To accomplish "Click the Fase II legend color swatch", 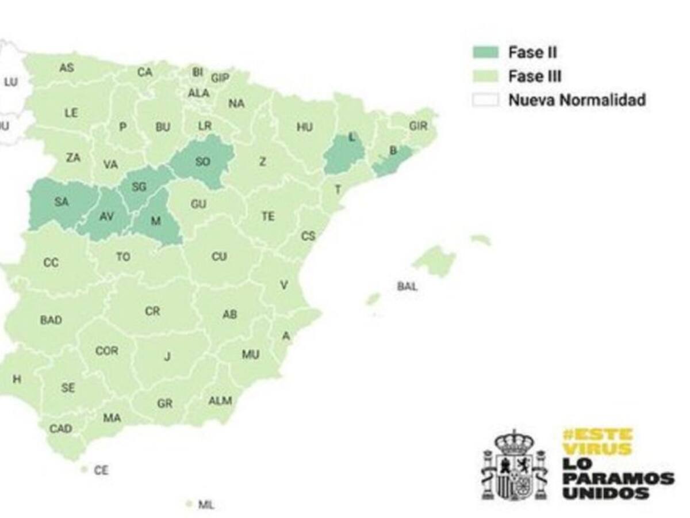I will (x=485, y=52).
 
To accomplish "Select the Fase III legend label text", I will (x=534, y=77).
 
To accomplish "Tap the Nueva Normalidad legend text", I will (x=577, y=100).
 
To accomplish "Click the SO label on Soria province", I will (x=202, y=162).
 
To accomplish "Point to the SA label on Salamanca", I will (x=61, y=201).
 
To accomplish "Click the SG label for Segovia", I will (x=139, y=186).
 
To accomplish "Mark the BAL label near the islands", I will (x=407, y=286).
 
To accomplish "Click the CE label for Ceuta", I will (x=101, y=470).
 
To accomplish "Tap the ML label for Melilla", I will (x=206, y=505).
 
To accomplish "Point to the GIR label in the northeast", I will (x=418, y=125).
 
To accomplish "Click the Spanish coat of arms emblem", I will (x=514, y=466).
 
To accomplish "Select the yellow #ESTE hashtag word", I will (x=597, y=435).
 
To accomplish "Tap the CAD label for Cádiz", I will (x=60, y=428).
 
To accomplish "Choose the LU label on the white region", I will (x=10, y=82).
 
